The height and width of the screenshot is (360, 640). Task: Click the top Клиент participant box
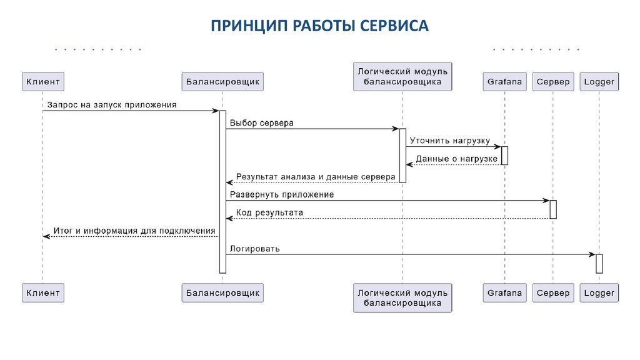coord(43,81)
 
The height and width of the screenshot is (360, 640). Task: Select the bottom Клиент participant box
coord(43,292)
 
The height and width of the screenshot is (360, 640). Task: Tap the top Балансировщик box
coord(222,81)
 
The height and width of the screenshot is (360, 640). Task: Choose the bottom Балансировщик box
coord(222,292)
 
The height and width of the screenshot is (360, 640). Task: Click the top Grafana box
coord(504,81)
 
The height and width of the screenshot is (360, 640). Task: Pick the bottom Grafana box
coord(504,292)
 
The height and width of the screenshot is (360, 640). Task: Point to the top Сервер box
coord(553,81)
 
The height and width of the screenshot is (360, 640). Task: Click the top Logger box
coord(599,81)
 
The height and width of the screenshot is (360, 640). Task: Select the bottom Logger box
coord(599,292)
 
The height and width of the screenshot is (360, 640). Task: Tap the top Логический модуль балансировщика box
coord(402,76)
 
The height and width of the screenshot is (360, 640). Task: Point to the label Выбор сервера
coord(261,123)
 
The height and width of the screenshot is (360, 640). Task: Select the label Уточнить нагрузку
coord(450,141)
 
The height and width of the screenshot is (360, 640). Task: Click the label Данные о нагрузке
coord(456,159)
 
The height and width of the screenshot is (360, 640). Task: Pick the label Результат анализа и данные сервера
coord(316,177)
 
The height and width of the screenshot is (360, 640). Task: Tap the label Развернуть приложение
coord(282,194)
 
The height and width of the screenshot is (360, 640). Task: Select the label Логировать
coord(255,248)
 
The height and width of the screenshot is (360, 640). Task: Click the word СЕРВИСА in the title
coord(392,26)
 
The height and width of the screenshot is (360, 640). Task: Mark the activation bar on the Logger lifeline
coord(599,263)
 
